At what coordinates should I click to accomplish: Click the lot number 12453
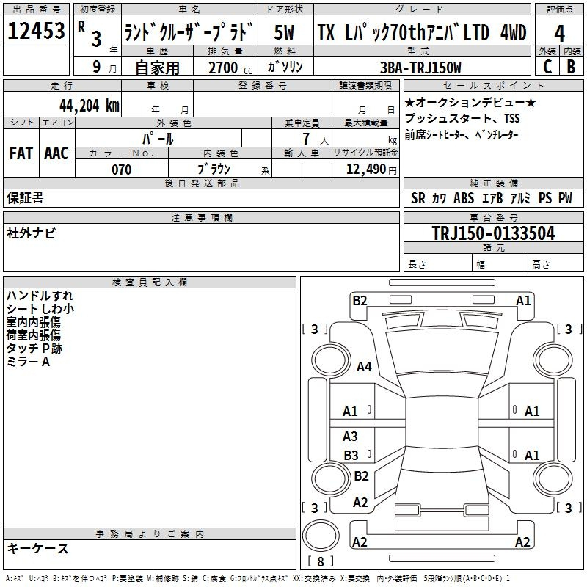[36, 31]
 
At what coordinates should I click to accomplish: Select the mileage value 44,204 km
[90, 106]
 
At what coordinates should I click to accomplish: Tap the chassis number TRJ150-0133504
[493, 233]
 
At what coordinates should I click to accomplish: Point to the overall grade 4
[559, 34]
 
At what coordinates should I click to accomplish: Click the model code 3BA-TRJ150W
[420, 68]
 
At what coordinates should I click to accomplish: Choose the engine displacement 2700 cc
[230, 68]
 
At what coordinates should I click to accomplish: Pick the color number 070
[122, 169]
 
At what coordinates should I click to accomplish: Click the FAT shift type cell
[21, 153]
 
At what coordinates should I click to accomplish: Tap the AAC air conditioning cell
[56, 153]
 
